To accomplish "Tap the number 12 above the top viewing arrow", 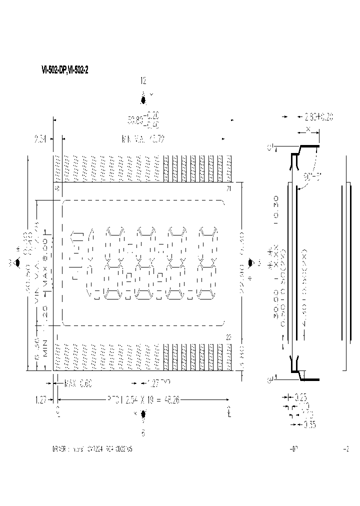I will (x=143, y=81).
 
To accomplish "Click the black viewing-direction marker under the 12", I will (x=144, y=100).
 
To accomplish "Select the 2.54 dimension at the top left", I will (x=41, y=139).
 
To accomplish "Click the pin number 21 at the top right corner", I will (x=228, y=188).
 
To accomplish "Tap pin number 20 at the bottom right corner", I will (x=228, y=337).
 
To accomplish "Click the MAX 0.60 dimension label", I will (x=79, y=383).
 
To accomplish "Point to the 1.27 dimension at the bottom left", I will (x=41, y=400).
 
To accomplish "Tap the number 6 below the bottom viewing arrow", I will (x=143, y=433).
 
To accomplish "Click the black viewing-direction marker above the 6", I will (x=144, y=414).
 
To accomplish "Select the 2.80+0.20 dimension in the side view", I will (x=318, y=117).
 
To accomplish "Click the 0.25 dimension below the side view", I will (x=300, y=397).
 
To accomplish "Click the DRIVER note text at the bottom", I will (x=92, y=449).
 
